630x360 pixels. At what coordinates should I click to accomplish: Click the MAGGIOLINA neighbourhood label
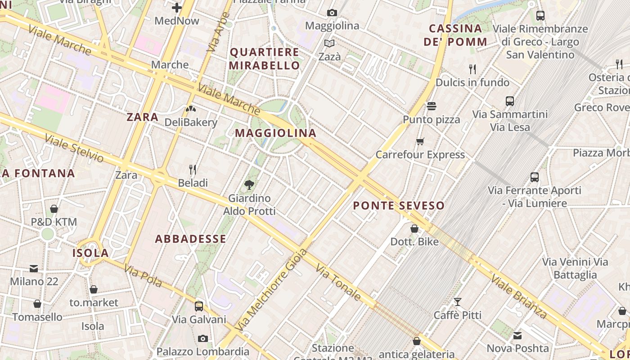click(x=276, y=133)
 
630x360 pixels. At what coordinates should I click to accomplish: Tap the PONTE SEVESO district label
click(x=399, y=206)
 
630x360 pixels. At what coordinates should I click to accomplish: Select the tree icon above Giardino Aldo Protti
click(x=249, y=184)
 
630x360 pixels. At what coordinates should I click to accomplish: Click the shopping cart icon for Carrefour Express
click(x=420, y=142)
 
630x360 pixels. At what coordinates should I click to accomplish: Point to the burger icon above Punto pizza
click(x=432, y=106)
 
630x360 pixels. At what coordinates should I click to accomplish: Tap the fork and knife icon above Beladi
click(x=193, y=170)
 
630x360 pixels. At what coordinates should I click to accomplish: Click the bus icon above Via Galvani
click(x=199, y=306)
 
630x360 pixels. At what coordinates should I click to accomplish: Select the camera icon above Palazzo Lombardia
click(x=203, y=338)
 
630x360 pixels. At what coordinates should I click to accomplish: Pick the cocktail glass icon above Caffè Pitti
click(x=458, y=301)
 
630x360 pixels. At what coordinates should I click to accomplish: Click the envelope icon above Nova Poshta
click(x=517, y=335)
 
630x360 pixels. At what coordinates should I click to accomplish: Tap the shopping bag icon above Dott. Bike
click(x=414, y=229)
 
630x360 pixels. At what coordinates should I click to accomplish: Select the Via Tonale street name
click(x=338, y=283)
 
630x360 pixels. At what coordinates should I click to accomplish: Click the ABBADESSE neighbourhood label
click(x=191, y=239)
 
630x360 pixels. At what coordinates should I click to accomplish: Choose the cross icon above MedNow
click(x=177, y=8)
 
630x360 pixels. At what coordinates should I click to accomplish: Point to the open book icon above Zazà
click(x=329, y=44)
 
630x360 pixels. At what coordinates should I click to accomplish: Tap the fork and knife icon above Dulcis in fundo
click(x=472, y=69)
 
